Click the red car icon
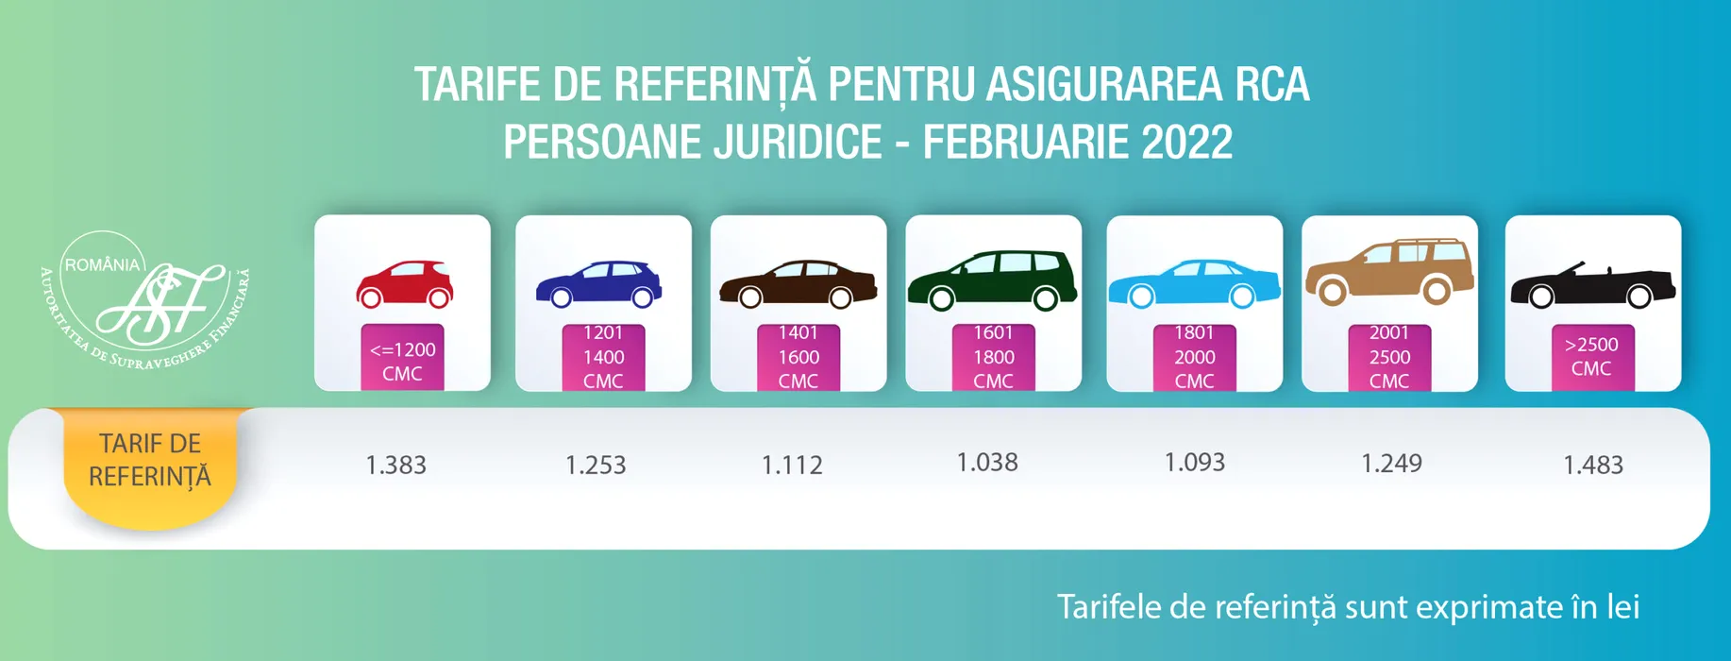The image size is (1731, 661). click(x=404, y=284)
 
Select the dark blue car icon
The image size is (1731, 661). click(x=598, y=284)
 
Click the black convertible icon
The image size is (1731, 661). click(x=1592, y=286)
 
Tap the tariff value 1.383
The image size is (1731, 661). click(x=395, y=465)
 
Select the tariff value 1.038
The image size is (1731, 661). click(x=987, y=462)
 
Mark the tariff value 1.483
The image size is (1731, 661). click(x=1593, y=465)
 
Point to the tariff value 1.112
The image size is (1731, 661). click(x=792, y=465)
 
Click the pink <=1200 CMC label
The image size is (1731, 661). click(x=402, y=359)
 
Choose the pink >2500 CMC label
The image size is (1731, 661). click(x=1592, y=356)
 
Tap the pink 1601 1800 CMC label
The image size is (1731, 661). click(x=993, y=357)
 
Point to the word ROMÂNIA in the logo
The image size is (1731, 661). click(x=102, y=265)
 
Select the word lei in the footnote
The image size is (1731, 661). click(x=1623, y=606)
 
